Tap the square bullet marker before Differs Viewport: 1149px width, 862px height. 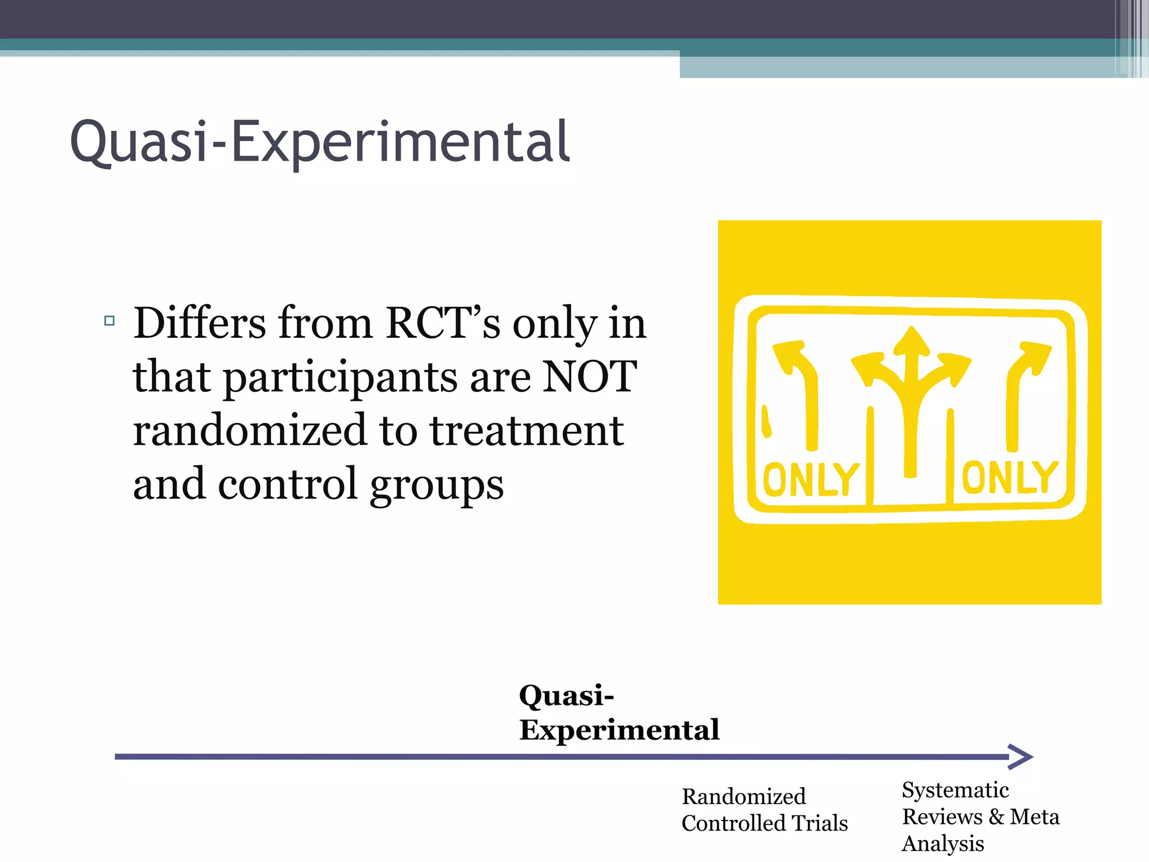click(109, 321)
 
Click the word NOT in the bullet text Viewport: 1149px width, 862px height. click(590, 377)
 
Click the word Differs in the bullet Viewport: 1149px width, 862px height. click(200, 324)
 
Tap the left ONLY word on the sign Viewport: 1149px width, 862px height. click(811, 479)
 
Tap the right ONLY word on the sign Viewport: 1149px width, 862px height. click(1010, 478)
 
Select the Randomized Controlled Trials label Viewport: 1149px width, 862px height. click(764, 810)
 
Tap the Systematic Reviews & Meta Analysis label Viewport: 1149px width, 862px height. click(980, 817)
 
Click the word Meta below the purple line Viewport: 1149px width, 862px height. click(1034, 817)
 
